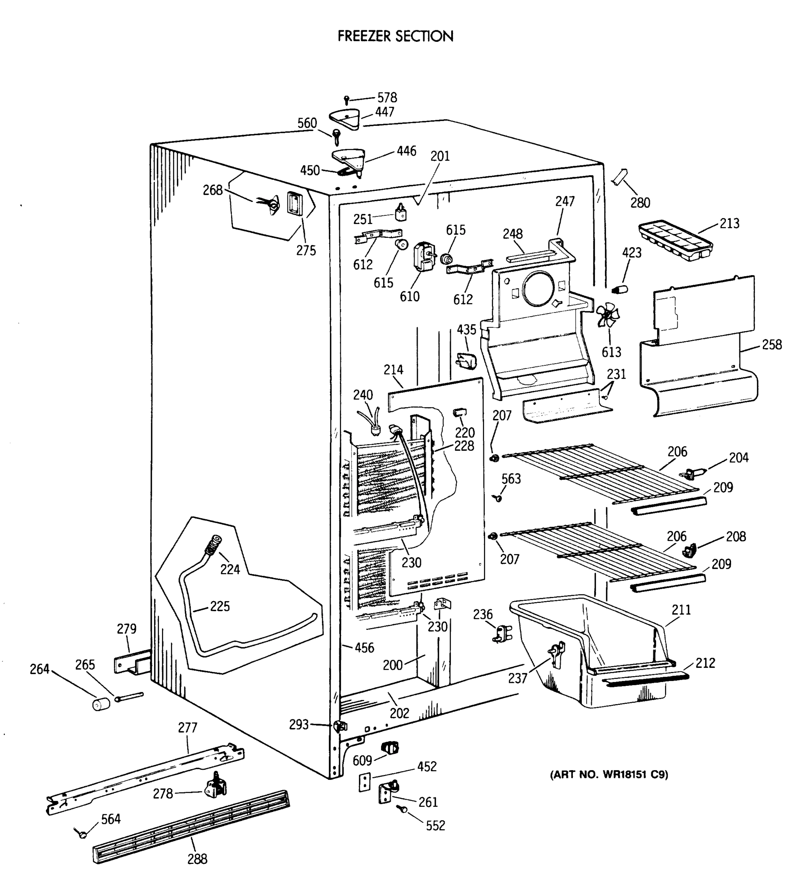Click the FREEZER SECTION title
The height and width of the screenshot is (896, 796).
pos(395,36)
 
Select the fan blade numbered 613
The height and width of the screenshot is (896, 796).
pos(608,317)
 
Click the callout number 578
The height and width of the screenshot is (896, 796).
pos(387,97)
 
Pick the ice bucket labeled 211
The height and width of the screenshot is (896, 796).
pos(591,653)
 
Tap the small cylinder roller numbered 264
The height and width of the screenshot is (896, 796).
pos(101,704)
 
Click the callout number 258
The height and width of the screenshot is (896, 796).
pos(771,345)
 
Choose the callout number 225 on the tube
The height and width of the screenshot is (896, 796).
pos(219,606)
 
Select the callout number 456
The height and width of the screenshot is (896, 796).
pos(364,647)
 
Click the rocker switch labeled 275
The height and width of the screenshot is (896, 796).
pos(294,204)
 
